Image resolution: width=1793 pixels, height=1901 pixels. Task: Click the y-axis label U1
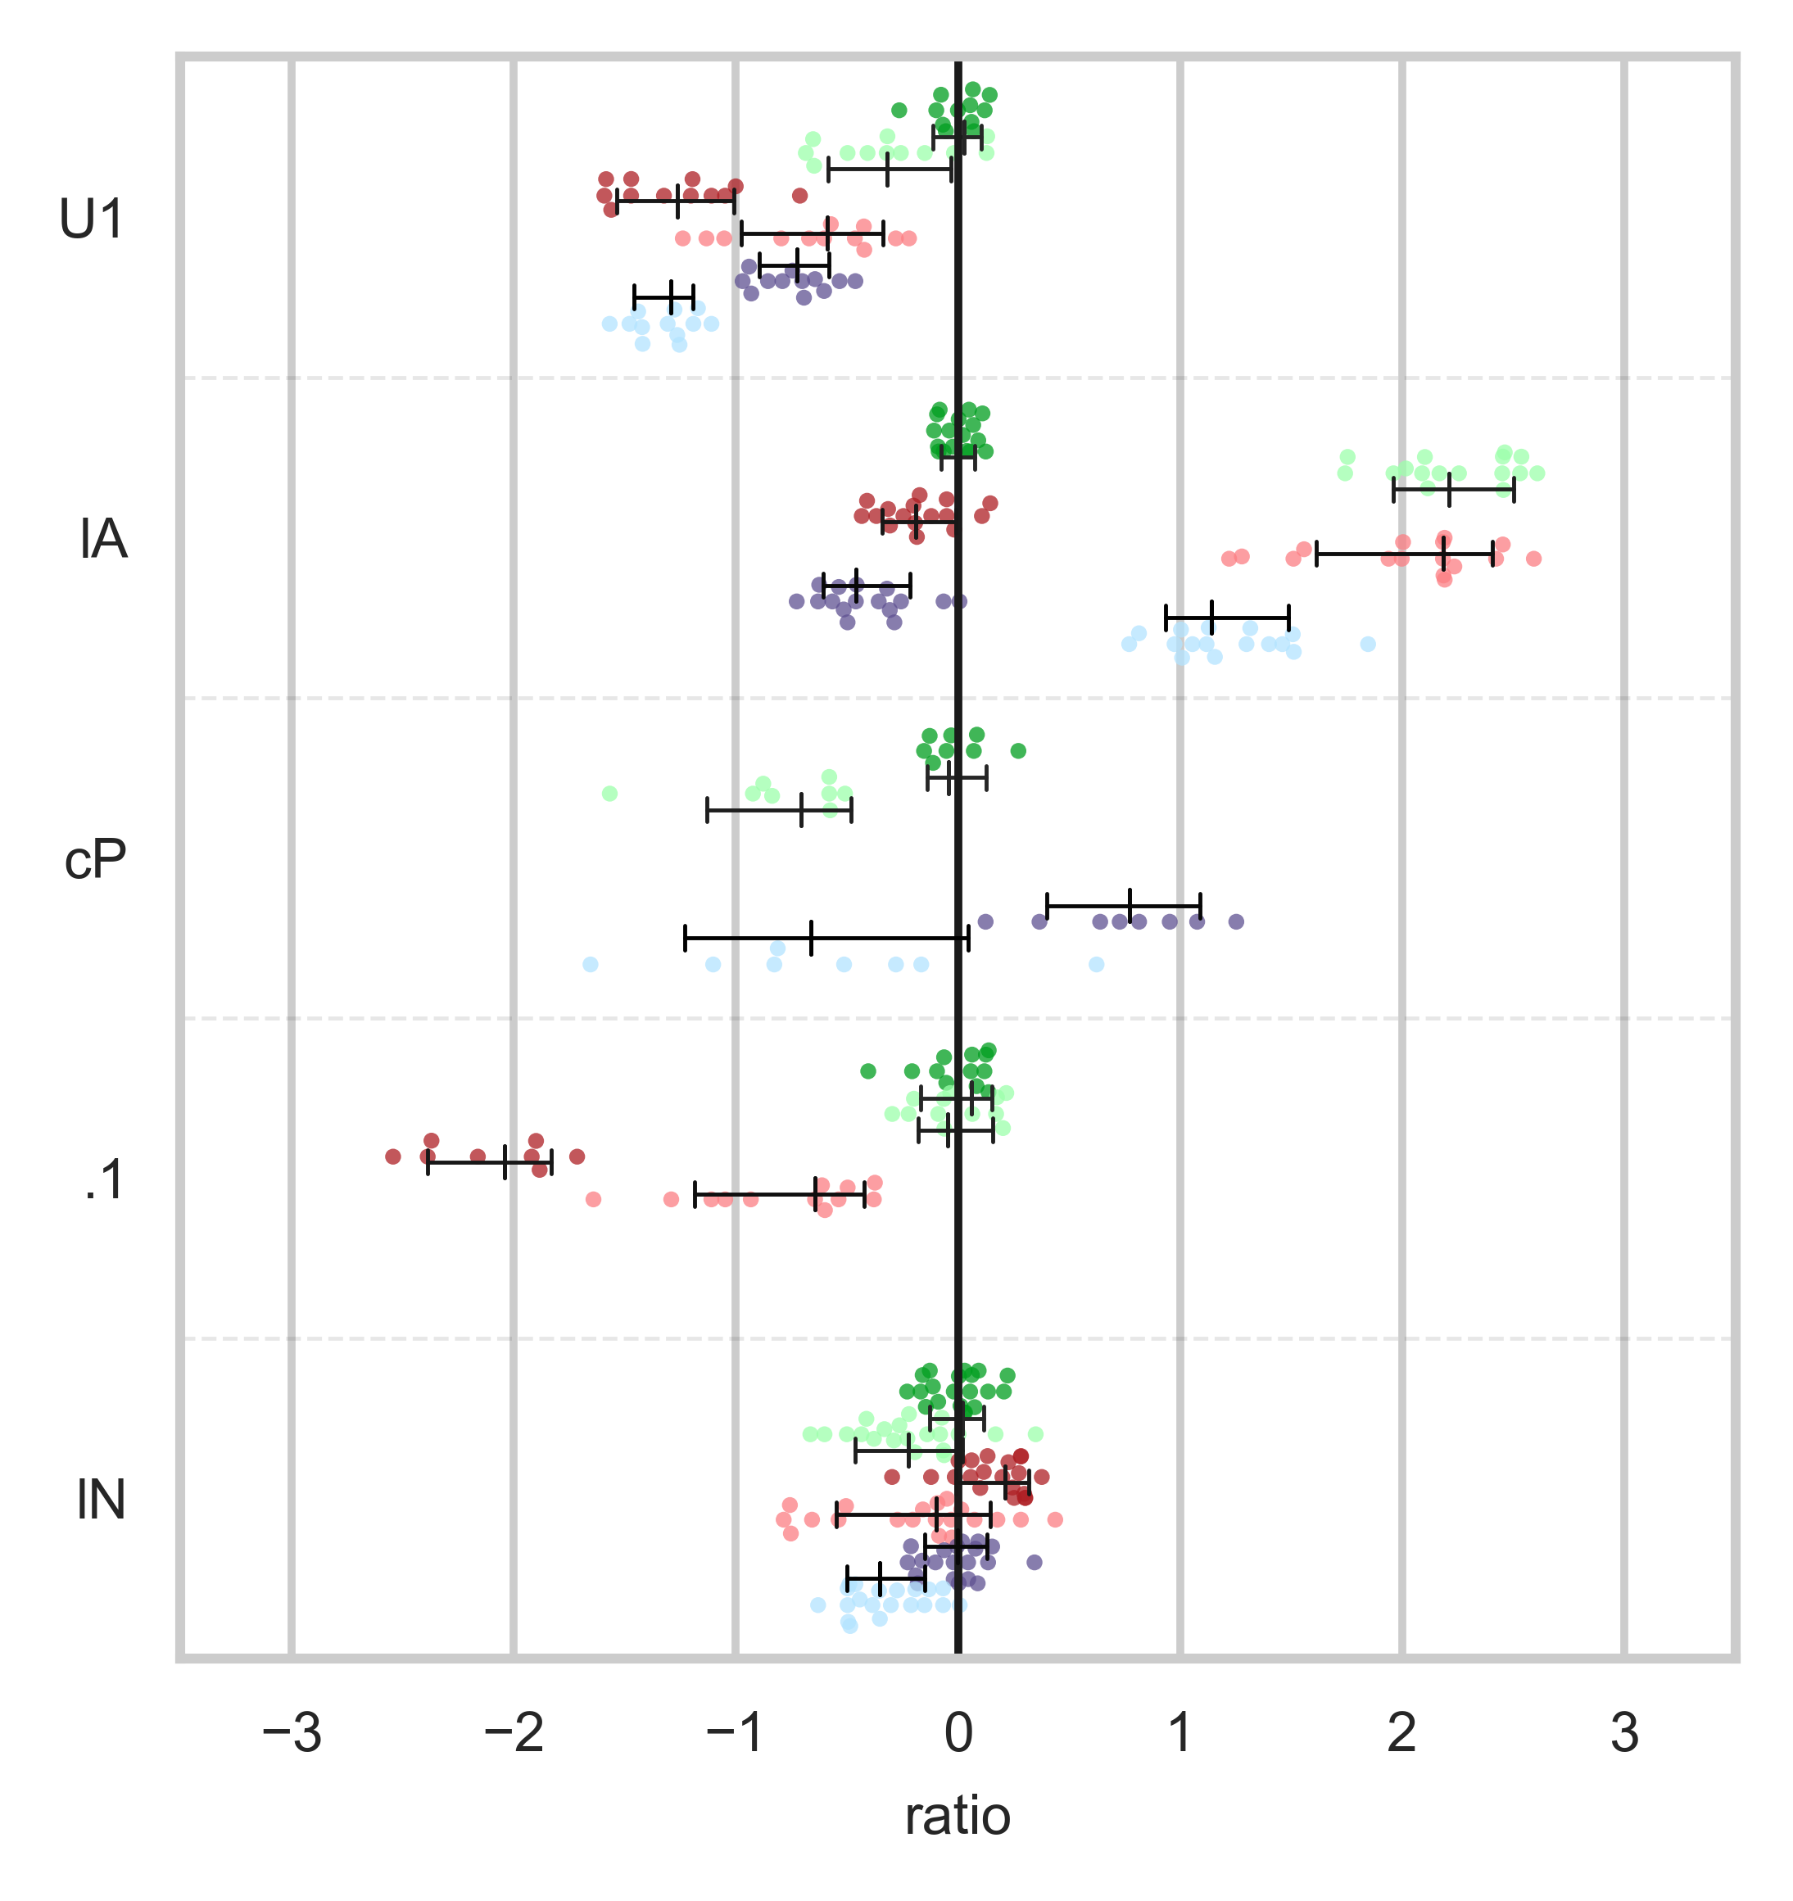tap(92, 220)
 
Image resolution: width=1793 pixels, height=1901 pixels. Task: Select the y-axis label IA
tap(102, 541)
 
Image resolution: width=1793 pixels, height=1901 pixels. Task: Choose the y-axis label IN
tap(102, 1500)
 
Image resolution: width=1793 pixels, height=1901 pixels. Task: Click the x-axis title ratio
tap(958, 1816)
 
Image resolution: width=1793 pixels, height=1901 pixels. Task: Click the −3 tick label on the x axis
tap(292, 1733)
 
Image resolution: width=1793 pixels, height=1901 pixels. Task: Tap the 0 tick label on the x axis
tap(958, 1733)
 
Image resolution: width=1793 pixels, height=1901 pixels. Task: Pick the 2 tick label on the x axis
tap(1402, 1733)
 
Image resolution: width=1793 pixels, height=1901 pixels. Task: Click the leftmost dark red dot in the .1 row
tap(393, 1156)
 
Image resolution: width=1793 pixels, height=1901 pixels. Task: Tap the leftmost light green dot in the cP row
tap(609, 794)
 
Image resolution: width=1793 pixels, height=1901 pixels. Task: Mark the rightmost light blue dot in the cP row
tap(1097, 964)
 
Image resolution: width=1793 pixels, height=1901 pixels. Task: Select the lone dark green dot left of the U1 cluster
tap(899, 110)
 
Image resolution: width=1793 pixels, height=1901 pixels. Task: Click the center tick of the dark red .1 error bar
tap(505, 1162)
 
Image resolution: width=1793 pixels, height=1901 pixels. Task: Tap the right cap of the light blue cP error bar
tap(969, 938)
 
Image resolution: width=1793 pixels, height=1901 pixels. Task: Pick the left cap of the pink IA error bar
tap(1317, 553)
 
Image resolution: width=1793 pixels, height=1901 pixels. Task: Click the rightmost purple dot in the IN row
tap(1034, 1562)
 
